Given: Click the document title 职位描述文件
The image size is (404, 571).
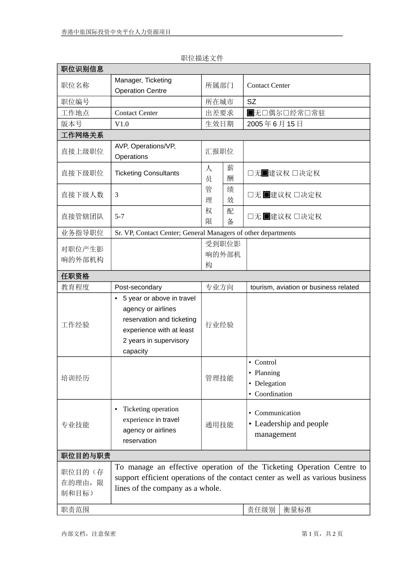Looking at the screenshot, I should [202, 58].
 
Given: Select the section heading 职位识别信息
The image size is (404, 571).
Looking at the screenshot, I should [82, 69].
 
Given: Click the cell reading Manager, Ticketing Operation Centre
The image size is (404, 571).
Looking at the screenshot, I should [143, 85].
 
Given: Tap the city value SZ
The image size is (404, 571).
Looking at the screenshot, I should [252, 102].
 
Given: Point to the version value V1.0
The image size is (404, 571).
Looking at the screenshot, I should [122, 124].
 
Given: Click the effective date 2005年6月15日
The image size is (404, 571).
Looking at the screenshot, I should [275, 124].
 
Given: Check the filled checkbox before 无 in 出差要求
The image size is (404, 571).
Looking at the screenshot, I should [250, 113].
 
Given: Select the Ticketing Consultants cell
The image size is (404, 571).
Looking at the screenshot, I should [147, 173].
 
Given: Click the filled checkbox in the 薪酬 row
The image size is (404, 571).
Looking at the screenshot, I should [265, 173].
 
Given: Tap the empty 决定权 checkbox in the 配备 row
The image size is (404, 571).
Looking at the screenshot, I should [297, 217].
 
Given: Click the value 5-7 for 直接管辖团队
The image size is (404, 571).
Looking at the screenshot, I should [119, 217].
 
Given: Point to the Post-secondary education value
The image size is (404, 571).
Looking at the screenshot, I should [138, 287].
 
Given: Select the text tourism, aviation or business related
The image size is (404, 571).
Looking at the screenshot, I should [304, 287].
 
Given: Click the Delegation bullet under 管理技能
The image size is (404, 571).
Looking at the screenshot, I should [270, 384].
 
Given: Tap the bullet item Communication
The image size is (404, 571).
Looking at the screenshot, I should [277, 413].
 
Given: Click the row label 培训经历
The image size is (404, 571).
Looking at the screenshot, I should [75, 378].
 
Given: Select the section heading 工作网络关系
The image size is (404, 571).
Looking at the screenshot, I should [82, 135].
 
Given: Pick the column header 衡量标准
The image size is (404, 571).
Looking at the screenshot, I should [297, 510].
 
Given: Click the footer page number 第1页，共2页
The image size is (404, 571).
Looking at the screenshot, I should [322, 534].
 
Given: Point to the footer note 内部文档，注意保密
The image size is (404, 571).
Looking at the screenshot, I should [88, 534].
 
